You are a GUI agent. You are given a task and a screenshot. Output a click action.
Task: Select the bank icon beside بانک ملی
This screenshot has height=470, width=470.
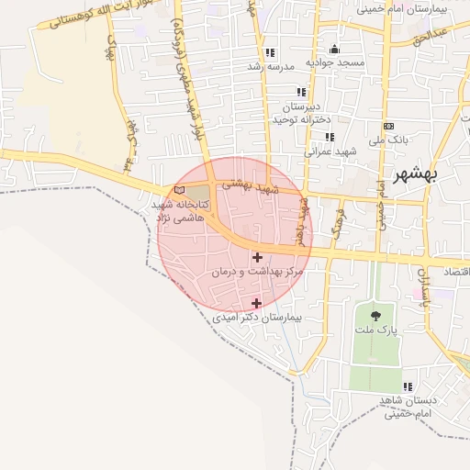click(389, 125)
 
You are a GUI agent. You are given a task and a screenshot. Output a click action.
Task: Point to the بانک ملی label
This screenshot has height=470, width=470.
click(387, 140)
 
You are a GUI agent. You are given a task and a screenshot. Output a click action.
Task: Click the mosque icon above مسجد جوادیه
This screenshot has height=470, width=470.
click(333, 50)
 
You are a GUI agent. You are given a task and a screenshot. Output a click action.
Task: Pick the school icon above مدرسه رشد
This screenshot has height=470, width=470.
click(269, 53)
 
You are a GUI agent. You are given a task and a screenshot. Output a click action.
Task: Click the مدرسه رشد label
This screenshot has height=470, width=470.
click(265, 67)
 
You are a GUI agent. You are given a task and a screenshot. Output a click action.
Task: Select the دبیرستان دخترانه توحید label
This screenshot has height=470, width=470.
click(300, 112)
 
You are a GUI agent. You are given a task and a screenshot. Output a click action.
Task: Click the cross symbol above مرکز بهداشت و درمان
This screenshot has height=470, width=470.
click(256, 258)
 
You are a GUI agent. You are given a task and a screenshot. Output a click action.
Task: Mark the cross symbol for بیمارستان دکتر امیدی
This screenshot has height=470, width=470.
click(256, 303)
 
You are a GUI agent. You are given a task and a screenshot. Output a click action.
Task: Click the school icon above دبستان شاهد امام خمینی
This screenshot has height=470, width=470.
click(408, 386)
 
